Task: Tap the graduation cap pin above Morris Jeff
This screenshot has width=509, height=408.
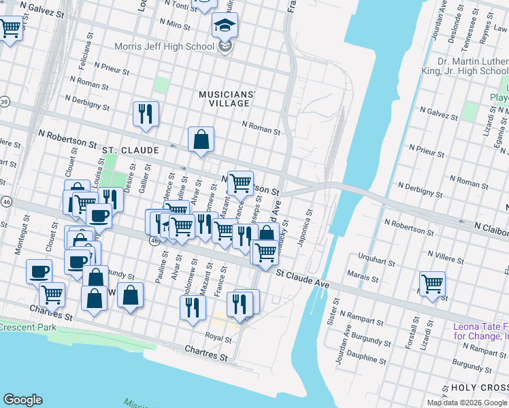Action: pyautogui.click(x=224, y=27)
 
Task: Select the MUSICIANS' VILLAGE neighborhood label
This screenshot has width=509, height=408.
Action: pyautogui.click(x=227, y=99)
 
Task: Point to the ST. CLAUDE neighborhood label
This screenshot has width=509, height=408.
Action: pyautogui.click(x=130, y=150)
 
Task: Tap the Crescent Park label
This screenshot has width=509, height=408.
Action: pyautogui.click(x=27, y=327)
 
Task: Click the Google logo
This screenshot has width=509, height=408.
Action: pyautogui.click(x=23, y=400)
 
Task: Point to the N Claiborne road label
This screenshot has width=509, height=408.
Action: pyautogui.click(x=491, y=231)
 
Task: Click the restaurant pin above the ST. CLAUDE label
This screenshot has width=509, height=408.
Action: pyautogui.click(x=146, y=114)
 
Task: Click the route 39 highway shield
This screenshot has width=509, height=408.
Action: pyautogui.click(x=4, y=101)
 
